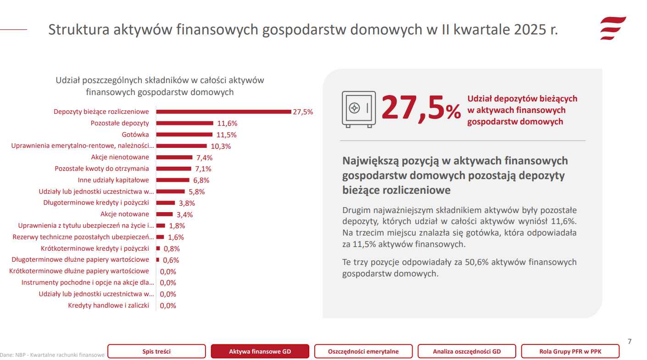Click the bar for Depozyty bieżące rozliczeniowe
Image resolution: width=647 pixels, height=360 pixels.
(223, 112)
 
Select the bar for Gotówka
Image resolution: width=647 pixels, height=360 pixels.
(184, 135)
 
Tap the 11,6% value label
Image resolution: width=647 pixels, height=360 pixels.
(227, 123)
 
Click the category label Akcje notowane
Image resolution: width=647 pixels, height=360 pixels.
(125, 214)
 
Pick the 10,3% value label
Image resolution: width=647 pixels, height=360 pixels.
(221, 146)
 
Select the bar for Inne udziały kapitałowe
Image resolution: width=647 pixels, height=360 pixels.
(173, 180)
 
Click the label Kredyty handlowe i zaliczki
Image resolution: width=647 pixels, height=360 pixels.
(109, 305)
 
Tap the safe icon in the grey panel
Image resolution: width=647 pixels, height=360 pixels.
(358, 109)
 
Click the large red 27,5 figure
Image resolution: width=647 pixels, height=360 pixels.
(413, 109)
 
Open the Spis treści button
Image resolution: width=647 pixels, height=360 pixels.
(156, 352)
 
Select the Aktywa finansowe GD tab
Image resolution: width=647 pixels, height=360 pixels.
(260, 352)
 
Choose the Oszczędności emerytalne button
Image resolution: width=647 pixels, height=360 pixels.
(363, 352)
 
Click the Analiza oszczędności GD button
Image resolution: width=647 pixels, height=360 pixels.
(467, 352)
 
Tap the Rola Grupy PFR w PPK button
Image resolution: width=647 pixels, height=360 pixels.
(570, 352)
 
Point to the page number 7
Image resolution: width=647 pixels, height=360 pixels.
(630, 341)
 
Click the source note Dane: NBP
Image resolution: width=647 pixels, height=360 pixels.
(52, 354)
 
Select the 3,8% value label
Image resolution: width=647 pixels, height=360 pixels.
(187, 203)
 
